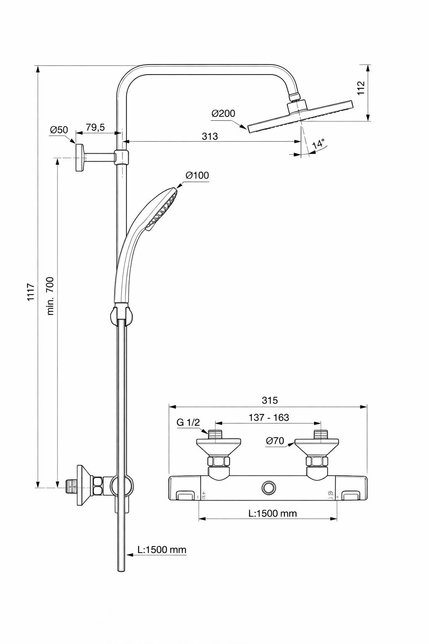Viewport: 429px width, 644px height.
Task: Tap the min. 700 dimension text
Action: point(50,296)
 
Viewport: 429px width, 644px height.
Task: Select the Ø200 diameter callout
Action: point(223,114)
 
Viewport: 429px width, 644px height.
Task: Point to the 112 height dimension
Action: point(361,88)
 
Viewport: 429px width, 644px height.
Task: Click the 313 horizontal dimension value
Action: point(209,136)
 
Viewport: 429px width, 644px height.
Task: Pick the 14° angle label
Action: point(318,144)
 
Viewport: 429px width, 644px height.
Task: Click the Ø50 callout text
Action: point(59,130)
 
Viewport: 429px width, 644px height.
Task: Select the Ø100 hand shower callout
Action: point(197,175)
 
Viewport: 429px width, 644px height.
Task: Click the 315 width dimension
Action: point(269,400)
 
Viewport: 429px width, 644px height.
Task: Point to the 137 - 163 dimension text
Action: point(269,418)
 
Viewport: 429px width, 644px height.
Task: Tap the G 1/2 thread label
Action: point(188,423)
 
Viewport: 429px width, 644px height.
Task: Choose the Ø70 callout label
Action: point(275,441)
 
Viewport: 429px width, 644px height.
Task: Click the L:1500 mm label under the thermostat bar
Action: point(272,513)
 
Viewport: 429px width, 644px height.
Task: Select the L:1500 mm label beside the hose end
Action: point(162,550)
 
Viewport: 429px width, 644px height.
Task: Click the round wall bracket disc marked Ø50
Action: point(79,157)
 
